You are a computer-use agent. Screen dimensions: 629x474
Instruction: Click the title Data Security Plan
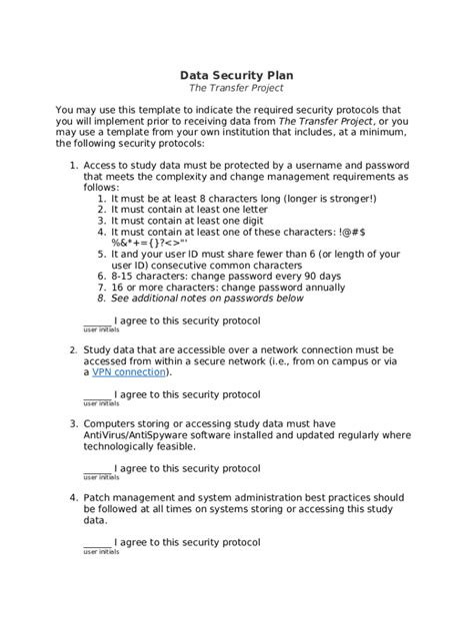pyautogui.click(x=237, y=75)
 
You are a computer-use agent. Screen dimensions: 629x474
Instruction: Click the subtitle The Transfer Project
pyautogui.click(x=237, y=89)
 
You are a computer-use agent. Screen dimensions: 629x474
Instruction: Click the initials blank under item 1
pyautogui.click(x=97, y=320)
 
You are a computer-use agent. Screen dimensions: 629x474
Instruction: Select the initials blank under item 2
pyautogui.click(x=97, y=394)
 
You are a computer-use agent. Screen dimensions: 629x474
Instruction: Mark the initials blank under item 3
pyautogui.click(x=97, y=468)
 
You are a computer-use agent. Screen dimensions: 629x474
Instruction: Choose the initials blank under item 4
pyautogui.click(x=97, y=542)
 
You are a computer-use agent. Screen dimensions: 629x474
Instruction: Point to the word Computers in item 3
pyautogui.click(x=116, y=422)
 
